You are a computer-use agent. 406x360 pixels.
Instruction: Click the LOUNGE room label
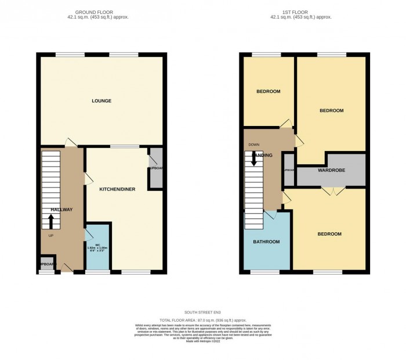(x=101, y=101)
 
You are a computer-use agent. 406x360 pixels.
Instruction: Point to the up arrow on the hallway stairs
(x=51, y=221)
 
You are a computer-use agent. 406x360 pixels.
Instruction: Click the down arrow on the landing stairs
(x=254, y=159)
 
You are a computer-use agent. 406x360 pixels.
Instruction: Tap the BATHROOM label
(x=266, y=241)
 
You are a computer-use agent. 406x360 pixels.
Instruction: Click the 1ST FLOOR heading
(x=301, y=12)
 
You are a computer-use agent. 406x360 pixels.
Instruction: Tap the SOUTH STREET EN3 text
(x=202, y=313)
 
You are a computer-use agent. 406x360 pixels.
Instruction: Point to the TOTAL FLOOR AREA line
(x=202, y=319)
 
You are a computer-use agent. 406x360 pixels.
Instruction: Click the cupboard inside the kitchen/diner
(x=155, y=168)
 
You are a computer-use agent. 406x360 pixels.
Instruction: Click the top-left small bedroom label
(x=268, y=91)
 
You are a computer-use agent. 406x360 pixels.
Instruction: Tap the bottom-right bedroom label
(x=329, y=234)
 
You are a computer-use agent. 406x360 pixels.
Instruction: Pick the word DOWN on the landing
(x=253, y=145)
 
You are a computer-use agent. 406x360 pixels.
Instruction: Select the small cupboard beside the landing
(x=288, y=170)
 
